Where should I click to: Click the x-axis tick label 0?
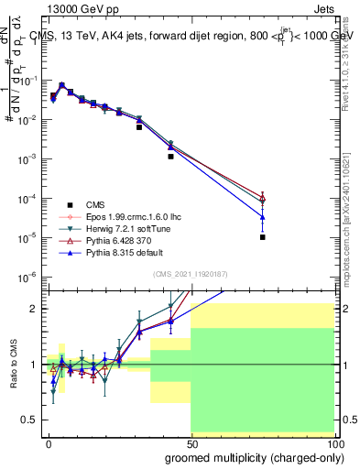[49, 442]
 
